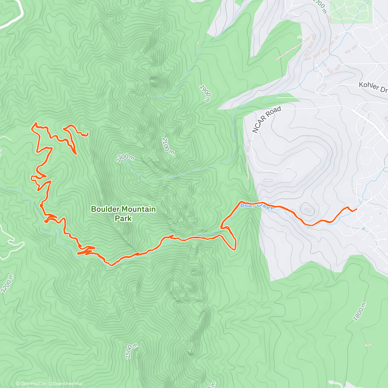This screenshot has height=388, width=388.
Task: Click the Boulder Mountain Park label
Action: click(x=123, y=214)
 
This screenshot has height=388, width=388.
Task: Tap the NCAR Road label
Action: click(x=266, y=120)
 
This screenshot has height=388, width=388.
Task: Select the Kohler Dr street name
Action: click(x=373, y=87)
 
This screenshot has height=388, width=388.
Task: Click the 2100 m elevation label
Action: click(x=168, y=146)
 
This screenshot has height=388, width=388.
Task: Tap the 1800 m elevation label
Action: click(x=359, y=312)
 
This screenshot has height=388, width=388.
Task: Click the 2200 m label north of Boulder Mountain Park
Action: click(x=125, y=158)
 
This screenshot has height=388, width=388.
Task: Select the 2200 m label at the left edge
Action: click(x=7, y=284)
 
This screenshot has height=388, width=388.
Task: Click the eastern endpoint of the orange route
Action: click(x=356, y=209)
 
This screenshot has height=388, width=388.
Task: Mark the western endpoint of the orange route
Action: click(x=88, y=134)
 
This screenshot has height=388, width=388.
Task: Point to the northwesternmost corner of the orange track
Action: click(x=35, y=124)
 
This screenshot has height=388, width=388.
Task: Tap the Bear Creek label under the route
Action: click(x=257, y=206)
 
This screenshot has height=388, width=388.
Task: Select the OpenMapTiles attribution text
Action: click(x=34, y=384)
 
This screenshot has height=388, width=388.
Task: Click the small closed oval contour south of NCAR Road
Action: click(x=307, y=209)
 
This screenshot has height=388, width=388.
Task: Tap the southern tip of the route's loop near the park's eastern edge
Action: click(x=233, y=249)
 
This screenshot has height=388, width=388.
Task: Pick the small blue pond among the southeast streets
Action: click(x=364, y=229)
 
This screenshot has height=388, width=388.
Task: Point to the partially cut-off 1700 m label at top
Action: click(x=320, y=6)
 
